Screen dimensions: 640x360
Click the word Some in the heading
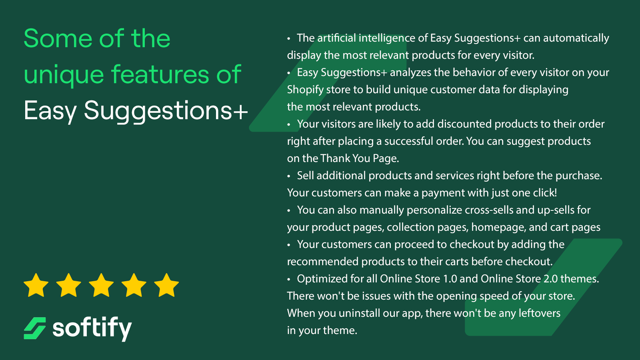[x=58, y=38]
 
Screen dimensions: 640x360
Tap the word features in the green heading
[x=160, y=74]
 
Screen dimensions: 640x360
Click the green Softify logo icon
[x=34, y=328]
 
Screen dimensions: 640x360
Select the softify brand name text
[x=92, y=329]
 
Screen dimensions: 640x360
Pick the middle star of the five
[x=101, y=285]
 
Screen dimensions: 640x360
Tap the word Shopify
[x=305, y=90]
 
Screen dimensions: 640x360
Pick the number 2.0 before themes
[x=550, y=279]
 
